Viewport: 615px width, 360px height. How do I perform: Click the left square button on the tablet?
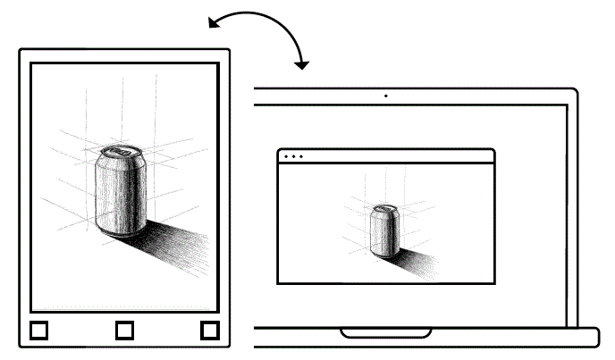coord(38,331)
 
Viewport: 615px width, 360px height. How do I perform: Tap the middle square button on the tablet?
coord(125,331)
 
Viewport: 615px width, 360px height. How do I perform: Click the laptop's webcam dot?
coord(385,95)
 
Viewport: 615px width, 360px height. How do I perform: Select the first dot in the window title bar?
coord(286,156)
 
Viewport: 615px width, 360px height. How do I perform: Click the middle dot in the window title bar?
coord(293,156)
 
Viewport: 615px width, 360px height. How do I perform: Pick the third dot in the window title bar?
coord(301,156)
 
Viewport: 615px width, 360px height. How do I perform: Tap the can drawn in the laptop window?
coord(385,230)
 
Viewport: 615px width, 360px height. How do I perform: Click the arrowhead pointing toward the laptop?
coord(303,64)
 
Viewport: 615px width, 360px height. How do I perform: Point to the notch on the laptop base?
coord(386,334)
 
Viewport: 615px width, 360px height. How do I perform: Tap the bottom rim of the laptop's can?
coord(384,255)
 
